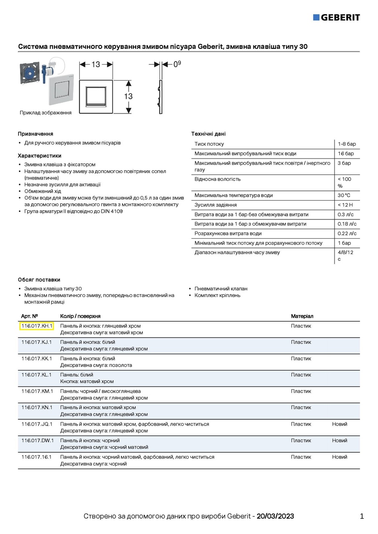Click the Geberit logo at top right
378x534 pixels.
tap(336, 17)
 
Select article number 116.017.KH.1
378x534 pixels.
tap(36, 326)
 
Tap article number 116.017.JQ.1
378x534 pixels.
tap(37, 424)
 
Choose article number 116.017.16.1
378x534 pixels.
tap(36, 457)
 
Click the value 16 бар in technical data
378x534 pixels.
tap(346, 154)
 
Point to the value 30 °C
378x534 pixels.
tap(344, 195)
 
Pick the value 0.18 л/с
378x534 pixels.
tap(347, 224)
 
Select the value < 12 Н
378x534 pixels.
tap(345, 205)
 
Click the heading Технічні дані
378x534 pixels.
tap(208, 134)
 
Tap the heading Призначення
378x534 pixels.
tap(36, 134)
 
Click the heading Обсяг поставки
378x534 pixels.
tap(39, 280)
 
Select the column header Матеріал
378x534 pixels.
tap(302, 316)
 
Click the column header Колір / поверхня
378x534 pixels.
tap(80, 316)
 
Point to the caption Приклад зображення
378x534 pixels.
tap(46, 113)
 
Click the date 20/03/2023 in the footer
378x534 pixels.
tap(275, 516)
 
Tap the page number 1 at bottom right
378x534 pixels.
tap(362, 516)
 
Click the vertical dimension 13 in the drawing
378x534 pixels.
tap(128, 96)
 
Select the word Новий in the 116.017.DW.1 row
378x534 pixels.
tap(340, 441)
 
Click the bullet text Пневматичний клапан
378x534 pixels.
tap(221, 289)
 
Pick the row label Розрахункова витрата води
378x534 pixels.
tap(228, 234)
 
